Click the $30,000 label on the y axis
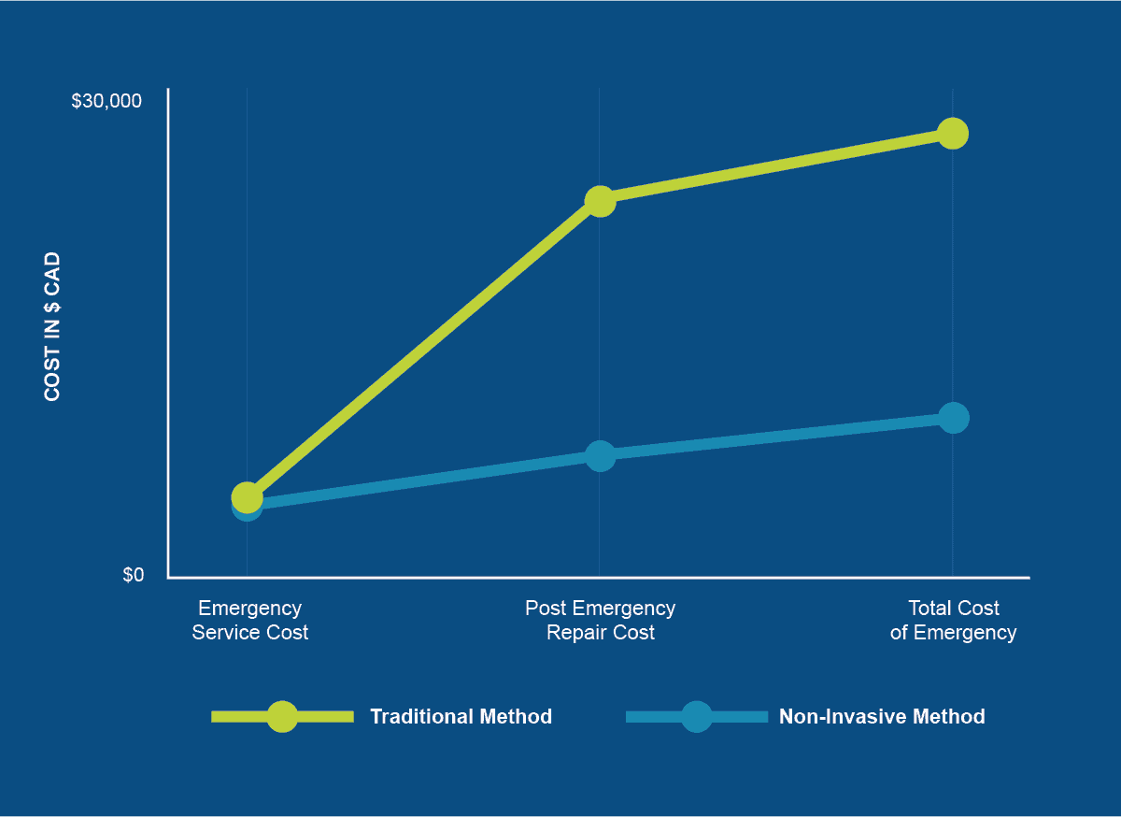click(106, 101)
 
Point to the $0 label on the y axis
click(134, 575)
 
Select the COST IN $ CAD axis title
click(52, 326)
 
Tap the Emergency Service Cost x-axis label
click(249, 620)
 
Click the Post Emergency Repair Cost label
click(600, 620)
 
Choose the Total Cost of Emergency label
click(953, 620)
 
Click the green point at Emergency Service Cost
click(247, 496)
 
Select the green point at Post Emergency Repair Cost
click(600, 201)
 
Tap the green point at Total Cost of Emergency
click(953, 134)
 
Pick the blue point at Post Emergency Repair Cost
click(600, 456)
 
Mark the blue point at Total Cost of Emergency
click(953, 417)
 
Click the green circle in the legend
click(282, 717)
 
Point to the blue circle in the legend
click(697, 717)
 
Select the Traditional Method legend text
click(461, 717)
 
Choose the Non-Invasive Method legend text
click(882, 717)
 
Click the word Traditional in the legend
click(421, 717)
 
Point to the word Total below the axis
click(929, 609)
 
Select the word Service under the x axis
click(224, 633)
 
